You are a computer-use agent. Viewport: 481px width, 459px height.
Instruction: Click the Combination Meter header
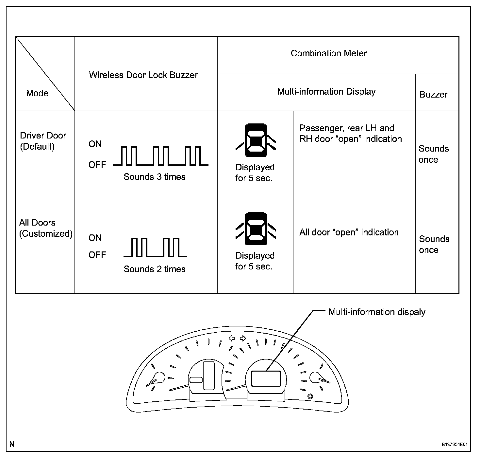coord(328,53)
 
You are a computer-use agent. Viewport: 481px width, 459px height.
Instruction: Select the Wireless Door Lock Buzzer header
coord(143,75)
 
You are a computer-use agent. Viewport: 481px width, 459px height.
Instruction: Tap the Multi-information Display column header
coord(326,91)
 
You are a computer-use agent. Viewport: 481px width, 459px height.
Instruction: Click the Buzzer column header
coord(433,95)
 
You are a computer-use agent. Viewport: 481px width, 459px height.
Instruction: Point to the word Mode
coord(37,93)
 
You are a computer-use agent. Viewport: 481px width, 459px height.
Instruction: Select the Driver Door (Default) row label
coord(43,141)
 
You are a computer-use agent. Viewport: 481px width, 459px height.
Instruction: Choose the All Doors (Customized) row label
coord(45,228)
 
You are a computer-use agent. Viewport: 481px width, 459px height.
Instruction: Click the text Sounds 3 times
coord(155,177)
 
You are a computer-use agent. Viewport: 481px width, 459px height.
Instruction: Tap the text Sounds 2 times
coord(155,269)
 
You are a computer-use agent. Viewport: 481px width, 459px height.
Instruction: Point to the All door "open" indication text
coord(349,232)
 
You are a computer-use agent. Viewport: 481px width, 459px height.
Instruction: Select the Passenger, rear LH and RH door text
coord(350,133)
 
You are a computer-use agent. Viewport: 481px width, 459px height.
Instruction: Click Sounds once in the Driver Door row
coord(433,154)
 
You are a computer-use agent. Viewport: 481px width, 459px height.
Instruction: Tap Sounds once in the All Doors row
coord(434,244)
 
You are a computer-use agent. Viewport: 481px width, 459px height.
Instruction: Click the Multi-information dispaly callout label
coord(377,312)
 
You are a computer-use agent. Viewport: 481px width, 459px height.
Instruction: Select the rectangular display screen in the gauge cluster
coord(266,378)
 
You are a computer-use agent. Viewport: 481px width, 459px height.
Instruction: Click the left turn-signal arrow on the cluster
coord(232,338)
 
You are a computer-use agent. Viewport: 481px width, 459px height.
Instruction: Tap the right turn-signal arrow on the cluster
coord(243,338)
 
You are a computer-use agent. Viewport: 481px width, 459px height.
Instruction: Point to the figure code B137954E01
coord(455,444)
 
